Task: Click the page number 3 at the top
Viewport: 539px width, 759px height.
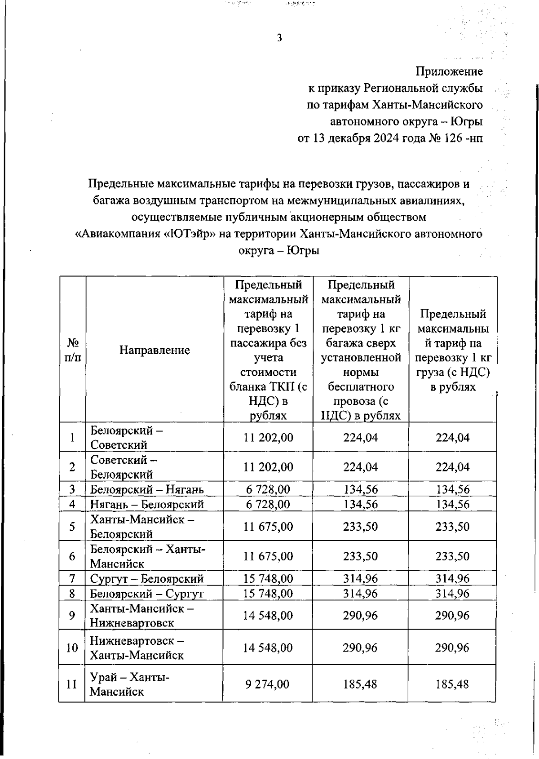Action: tap(279, 38)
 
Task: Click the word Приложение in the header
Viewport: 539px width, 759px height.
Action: tap(449, 71)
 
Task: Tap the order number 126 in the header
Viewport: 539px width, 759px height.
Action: tap(453, 138)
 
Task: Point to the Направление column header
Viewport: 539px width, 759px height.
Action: tap(155, 350)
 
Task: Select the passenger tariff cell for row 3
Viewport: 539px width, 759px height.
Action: tap(268, 489)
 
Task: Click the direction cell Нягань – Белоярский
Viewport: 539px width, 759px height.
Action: tap(147, 504)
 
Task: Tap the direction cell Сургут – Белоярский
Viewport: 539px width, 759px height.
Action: tap(147, 579)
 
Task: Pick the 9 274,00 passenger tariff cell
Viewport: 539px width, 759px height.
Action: tap(268, 684)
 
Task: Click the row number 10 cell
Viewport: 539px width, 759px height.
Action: tap(72, 648)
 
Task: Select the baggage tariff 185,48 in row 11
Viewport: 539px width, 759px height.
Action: tap(360, 684)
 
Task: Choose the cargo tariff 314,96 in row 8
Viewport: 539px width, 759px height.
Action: tap(453, 594)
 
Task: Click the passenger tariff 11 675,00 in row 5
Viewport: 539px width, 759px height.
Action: tap(268, 527)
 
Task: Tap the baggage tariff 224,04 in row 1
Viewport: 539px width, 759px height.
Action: tap(360, 437)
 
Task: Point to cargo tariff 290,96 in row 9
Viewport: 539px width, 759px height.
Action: tap(453, 615)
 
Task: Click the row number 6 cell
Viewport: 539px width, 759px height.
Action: tap(72, 556)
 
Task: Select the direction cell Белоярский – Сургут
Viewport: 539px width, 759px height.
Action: tap(147, 594)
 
